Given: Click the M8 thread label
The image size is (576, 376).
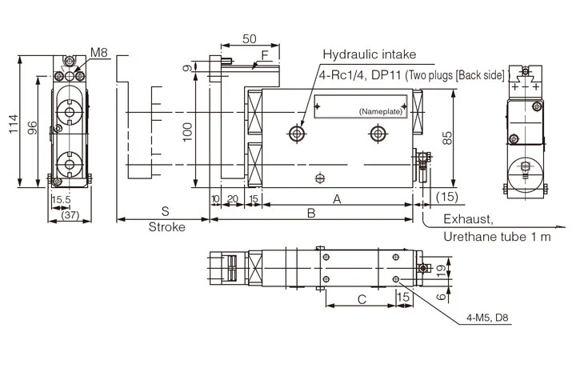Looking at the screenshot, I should tap(98, 53).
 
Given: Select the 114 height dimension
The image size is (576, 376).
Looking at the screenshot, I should tap(13, 123).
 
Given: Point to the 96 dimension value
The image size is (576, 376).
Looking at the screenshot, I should tap(32, 128).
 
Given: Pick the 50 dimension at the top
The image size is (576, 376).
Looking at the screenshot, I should tap(249, 38).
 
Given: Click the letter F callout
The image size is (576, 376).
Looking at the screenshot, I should tap(263, 55).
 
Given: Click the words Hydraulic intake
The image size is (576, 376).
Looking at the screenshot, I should tap(369, 54).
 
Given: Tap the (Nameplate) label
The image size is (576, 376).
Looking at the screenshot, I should tap(380, 110).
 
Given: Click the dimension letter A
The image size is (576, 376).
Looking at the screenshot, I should tap(336, 198).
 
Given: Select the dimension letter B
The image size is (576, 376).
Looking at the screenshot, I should tap(312, 213).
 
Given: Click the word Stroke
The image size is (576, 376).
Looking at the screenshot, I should tap(166, 227).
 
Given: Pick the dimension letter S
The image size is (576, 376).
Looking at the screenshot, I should tap(164, 212).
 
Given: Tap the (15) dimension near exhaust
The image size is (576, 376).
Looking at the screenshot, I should tap(448, 197).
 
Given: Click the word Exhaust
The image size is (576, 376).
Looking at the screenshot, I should tap(469, 218).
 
